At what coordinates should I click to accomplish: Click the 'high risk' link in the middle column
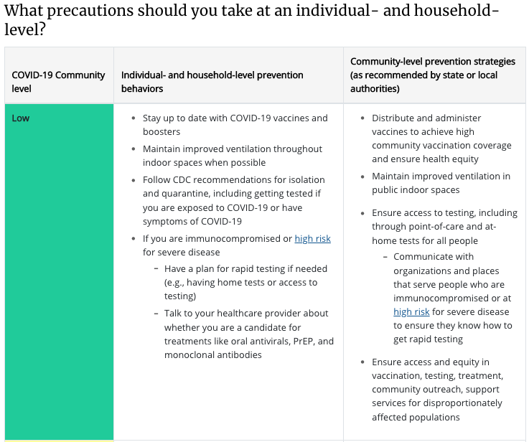pos(312,238)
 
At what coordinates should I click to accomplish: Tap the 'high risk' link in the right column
pos(411,312)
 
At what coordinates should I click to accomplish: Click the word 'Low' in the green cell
pos(21,118)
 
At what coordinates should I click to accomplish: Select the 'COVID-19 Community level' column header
pos(58,82)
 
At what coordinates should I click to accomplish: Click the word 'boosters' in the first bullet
pos(161,132)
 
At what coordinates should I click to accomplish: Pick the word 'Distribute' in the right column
pos(395,118)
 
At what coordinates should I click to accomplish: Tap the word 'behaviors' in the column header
pos(142,89)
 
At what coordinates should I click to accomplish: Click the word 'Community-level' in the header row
pos(385,62)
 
